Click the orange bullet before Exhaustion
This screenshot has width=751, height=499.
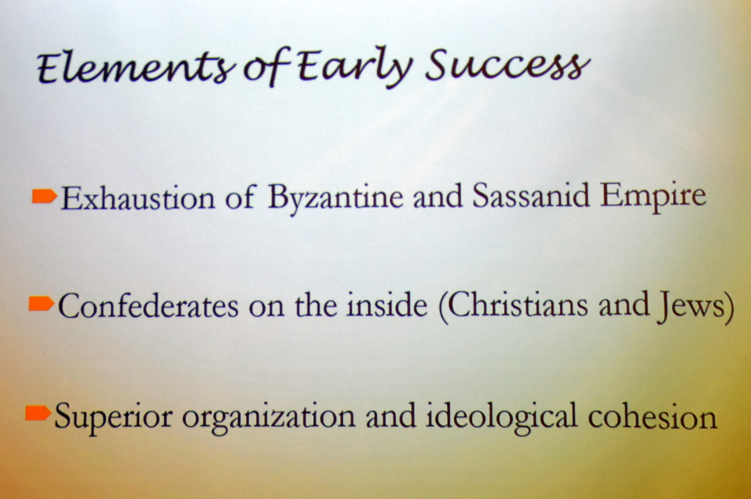coord(44,196)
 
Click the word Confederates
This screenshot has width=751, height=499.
coord(148,306)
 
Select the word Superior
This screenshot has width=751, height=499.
coord(113,417)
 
